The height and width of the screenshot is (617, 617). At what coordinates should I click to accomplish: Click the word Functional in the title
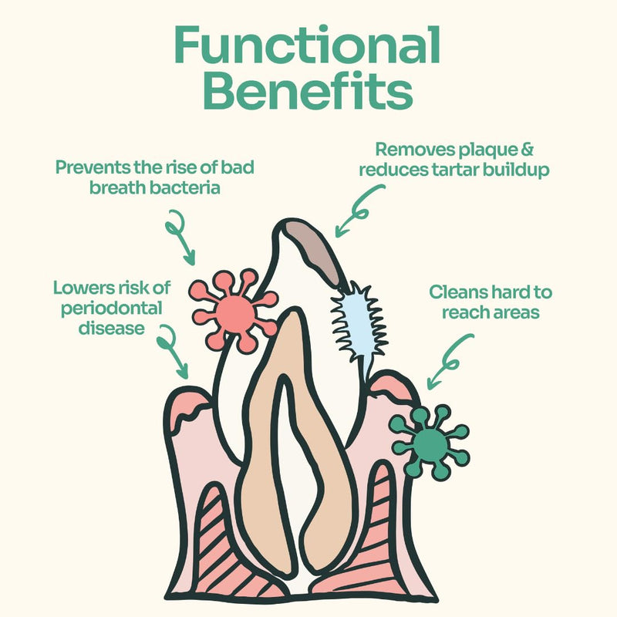pos(307,45)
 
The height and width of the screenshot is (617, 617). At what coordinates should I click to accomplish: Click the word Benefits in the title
pos(308,90)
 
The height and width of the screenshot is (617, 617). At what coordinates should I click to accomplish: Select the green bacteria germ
pos(430,441)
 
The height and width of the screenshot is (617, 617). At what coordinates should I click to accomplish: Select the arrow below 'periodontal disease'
pos(172,350)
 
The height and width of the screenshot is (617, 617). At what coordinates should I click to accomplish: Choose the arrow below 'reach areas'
pos(449,362)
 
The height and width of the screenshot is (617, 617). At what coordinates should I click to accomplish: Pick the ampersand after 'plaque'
pos(527,150)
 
